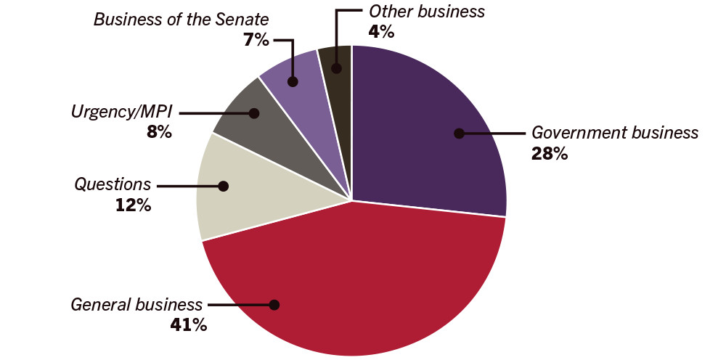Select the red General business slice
click(348, 283)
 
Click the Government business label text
click(614, 133)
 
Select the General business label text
click(136, 304)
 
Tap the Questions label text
click(113, 185)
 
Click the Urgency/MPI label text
click(121, 112)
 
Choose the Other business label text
click(426, 11)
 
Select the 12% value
click(133, 205)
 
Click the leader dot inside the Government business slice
click(458, 133)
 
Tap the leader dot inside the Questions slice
click(224, 186)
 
